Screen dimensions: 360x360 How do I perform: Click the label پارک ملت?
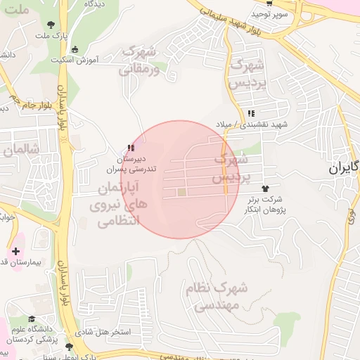pos(52,36)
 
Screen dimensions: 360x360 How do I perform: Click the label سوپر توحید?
pos(270,14)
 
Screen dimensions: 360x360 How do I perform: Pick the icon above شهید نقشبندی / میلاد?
pos(251,113)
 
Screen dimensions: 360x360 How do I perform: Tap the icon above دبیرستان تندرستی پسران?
pos(129,148)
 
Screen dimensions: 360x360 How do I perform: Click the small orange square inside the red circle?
pos(181,192)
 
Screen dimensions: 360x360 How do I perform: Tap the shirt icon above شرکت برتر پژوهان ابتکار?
pos(265,188)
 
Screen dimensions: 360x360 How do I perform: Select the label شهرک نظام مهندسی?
pos(217,297)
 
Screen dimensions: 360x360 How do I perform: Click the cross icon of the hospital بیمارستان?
pos(15,251)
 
